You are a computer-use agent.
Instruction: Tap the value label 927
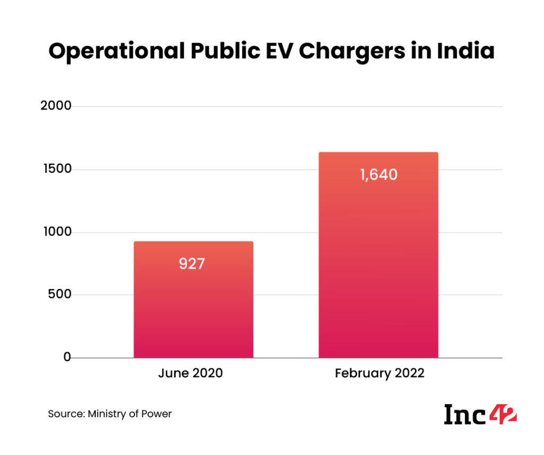click(192, 264)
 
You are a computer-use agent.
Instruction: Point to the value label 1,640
click(378, 174)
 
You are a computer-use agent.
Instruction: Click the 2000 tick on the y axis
click(56, 106)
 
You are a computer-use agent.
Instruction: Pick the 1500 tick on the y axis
click(56, 169)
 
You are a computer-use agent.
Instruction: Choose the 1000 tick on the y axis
click(56, 232)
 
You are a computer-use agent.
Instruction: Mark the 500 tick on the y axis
click(59, 295)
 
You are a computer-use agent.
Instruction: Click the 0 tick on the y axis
click(67, 357)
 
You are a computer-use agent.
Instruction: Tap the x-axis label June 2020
click(190, 373)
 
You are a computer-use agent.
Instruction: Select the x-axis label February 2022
click(379, 373)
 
